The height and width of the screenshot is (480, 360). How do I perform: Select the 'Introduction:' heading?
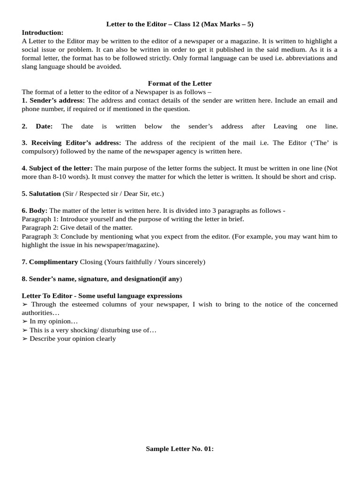pos(43,32)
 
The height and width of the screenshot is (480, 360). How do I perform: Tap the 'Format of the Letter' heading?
pos(180,83)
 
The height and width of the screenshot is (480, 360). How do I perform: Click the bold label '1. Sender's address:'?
pos(53,100)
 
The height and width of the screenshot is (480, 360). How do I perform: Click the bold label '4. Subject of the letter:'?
pos(57,168)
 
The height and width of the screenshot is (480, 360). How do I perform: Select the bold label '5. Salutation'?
pos(41,194)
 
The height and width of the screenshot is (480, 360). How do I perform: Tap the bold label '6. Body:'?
pos(35,211)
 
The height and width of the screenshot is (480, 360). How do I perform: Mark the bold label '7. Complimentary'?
pos(50,262)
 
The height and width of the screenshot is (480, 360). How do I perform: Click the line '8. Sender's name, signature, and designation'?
pos(102,279)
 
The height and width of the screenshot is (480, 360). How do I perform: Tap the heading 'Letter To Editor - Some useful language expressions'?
pos(102,296)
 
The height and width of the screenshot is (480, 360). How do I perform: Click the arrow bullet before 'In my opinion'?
pos(25,322)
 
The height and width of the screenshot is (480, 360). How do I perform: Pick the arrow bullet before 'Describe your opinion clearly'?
pos(25,338)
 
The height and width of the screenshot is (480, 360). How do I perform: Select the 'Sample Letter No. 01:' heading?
pos(180,449)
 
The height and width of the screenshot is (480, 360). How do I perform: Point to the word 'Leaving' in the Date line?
pos(285,126)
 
